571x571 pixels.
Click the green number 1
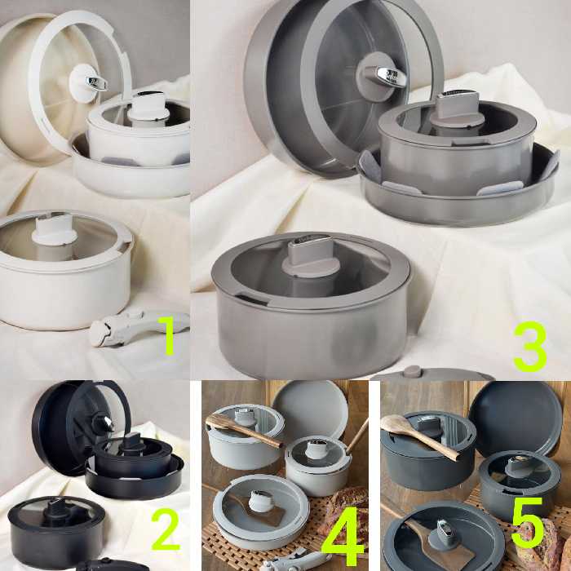click(x=169, y=335)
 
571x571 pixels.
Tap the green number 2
click(x=166, y=529)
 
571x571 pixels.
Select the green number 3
click(x=530, y=346)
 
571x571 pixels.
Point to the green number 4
click(x=343, y=543)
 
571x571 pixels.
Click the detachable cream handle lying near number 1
click(x=139, y=327)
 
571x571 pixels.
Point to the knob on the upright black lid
click(x=104, y=423)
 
